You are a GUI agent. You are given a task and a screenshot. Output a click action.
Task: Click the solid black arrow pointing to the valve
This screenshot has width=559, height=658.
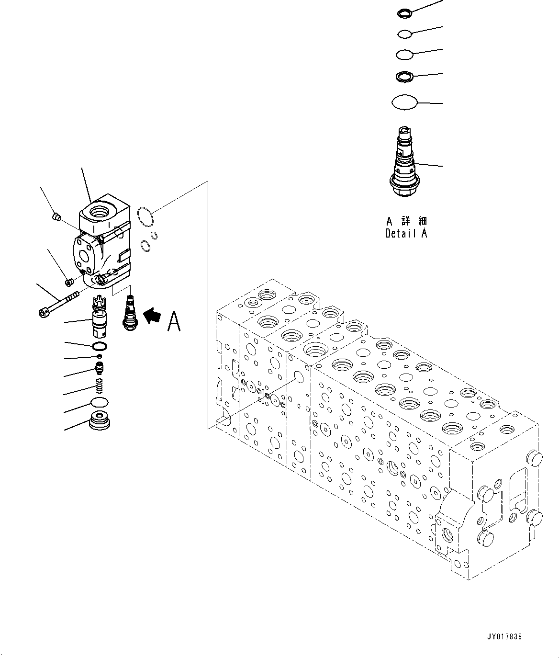pyautogui.click(x=153, y=316)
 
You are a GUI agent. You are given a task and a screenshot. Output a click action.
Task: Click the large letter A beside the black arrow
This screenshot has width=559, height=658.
pyautogui.click(x=174, y=321)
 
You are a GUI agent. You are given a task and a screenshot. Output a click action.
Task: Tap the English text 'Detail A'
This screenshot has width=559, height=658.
pyautogui.click(x=406, y=233)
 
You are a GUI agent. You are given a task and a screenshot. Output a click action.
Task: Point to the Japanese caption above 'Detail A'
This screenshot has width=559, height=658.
pyautogui.click(x=406, y=221)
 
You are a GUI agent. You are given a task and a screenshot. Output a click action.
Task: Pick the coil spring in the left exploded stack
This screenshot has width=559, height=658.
pyautogui.click(x=99, y=385)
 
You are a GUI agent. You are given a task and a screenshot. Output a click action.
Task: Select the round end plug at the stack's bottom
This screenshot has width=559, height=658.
pyautogui.click(x=100, y=421)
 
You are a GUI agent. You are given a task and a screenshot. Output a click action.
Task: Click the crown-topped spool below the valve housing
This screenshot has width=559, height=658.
pyautogui.click(x=99, y=316)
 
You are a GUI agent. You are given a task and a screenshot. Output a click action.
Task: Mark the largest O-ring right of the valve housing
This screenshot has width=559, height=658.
pyautogui.click(x=145, y=216)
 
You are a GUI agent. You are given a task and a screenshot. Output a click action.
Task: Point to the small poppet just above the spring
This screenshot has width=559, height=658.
pyautogui.click(x=99, y=368)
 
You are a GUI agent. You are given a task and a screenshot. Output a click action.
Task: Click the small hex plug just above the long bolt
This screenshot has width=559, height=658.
pyautogui.click(x=68, y=281)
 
